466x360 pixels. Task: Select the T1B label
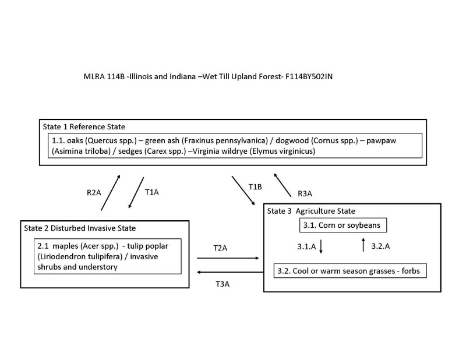point(255,186)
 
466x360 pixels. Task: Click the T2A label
point(220,248)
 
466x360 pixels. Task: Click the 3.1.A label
point(304,246)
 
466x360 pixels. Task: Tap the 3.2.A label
point(380,246)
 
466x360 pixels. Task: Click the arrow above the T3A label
point(229,272)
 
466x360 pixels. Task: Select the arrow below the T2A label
point(228,257)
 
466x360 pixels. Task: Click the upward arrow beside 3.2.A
point(363,245)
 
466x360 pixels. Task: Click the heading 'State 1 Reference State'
point(84,126)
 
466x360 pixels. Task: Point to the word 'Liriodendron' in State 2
point(65,257)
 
